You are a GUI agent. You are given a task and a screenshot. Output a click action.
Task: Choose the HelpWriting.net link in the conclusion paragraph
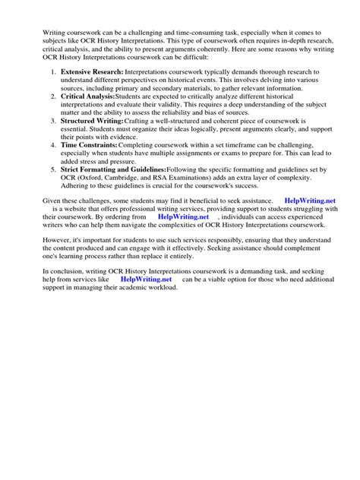tap(147, 279)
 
